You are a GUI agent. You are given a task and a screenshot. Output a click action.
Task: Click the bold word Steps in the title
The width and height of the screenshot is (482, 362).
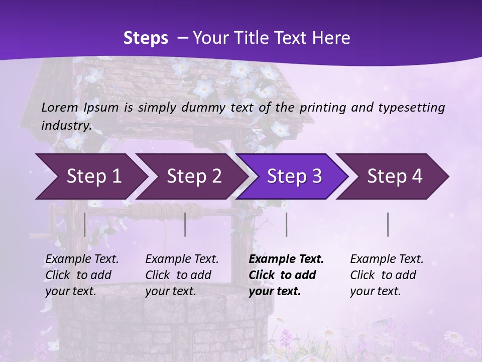click(x=146, y=38)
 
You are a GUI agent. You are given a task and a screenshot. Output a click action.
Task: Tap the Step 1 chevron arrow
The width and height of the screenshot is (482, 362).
click(x=90, y=176)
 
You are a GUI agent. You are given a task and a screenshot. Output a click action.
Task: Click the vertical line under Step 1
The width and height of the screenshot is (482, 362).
click(x=84, y=224)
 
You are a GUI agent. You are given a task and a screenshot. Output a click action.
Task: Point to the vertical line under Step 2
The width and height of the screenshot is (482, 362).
click(x=185, y=224)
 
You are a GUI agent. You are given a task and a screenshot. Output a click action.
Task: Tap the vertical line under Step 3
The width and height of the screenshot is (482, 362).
click(x=286, y=224)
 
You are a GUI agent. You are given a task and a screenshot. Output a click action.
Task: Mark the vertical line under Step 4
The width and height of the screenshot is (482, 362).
click(x=388, y=224)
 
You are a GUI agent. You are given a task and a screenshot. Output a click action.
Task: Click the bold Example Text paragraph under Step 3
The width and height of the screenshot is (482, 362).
click(x=286, y=275)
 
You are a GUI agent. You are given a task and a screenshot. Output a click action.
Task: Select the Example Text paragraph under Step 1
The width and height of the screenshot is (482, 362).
click(x=82, y=275)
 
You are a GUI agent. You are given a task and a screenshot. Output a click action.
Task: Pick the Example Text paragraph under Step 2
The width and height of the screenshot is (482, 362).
click(x=182, y=275)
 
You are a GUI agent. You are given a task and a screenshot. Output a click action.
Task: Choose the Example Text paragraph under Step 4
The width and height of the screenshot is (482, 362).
click(x=387, y=275)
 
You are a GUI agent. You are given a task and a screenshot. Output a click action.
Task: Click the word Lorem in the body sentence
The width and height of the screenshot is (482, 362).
click(x=60, y=107)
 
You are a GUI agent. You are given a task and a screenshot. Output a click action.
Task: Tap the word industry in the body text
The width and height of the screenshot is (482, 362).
click(x=66, y=125)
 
